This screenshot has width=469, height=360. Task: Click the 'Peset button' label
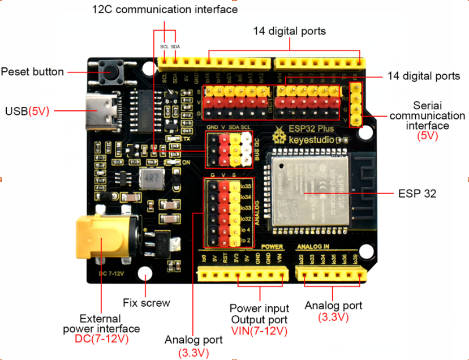coord(32,72)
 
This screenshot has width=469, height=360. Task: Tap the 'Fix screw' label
coord(147,303)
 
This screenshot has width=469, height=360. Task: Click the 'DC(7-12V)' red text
coord(102,339)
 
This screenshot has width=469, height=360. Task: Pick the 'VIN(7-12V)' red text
coord(259,331)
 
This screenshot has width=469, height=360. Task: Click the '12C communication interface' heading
coord(165,10)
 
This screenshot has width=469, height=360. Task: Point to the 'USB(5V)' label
coord(27,112)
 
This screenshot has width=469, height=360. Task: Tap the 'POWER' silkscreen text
coord(272,247)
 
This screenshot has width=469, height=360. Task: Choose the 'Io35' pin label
coord(245,185)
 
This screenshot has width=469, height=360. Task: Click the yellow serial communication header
coord(356,105)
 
